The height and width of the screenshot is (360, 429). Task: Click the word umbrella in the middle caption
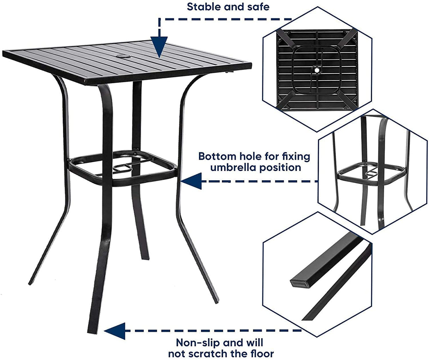tap(238, 167)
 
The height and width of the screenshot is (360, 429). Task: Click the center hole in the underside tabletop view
tap(317, 71)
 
